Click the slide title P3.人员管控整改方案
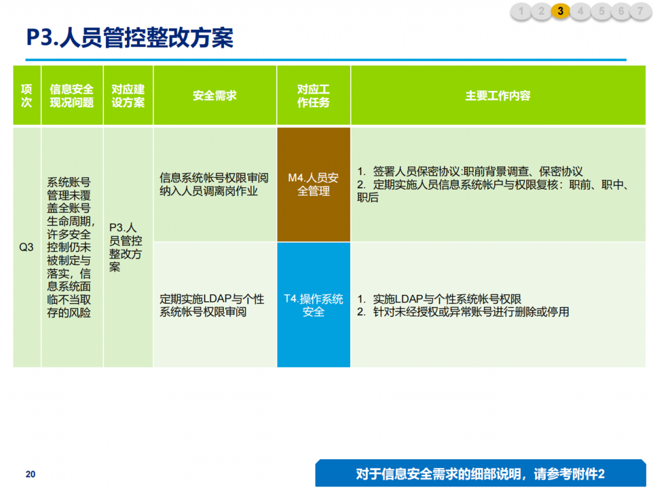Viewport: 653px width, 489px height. coord(129,38)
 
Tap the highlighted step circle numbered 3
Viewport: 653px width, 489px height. coord(561,11)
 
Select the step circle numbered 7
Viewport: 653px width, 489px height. coord(640,11)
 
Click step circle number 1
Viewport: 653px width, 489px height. coord(521,11)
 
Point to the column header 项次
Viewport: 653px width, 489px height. coord(27,96)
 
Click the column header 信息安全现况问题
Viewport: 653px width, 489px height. coord(71,96)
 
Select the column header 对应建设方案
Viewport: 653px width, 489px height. coord(128,96)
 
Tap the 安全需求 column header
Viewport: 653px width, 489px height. coord(214,96)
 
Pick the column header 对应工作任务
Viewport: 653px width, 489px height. coord(313,96)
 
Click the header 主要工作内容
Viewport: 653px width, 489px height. coord(497,96)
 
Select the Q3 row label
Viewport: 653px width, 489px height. coord(26,247)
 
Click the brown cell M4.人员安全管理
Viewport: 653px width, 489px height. coord(313,184)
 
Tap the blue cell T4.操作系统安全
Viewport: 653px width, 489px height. coord(313,305)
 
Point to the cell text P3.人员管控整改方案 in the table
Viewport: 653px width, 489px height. coord(126,247)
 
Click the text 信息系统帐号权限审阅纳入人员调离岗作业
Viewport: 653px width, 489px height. coord(214,184)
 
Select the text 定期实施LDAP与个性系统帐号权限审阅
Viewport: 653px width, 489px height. coord(212,305)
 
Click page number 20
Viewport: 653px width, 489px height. coord(31,474)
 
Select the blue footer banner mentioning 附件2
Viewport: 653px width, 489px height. coord(481,473)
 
